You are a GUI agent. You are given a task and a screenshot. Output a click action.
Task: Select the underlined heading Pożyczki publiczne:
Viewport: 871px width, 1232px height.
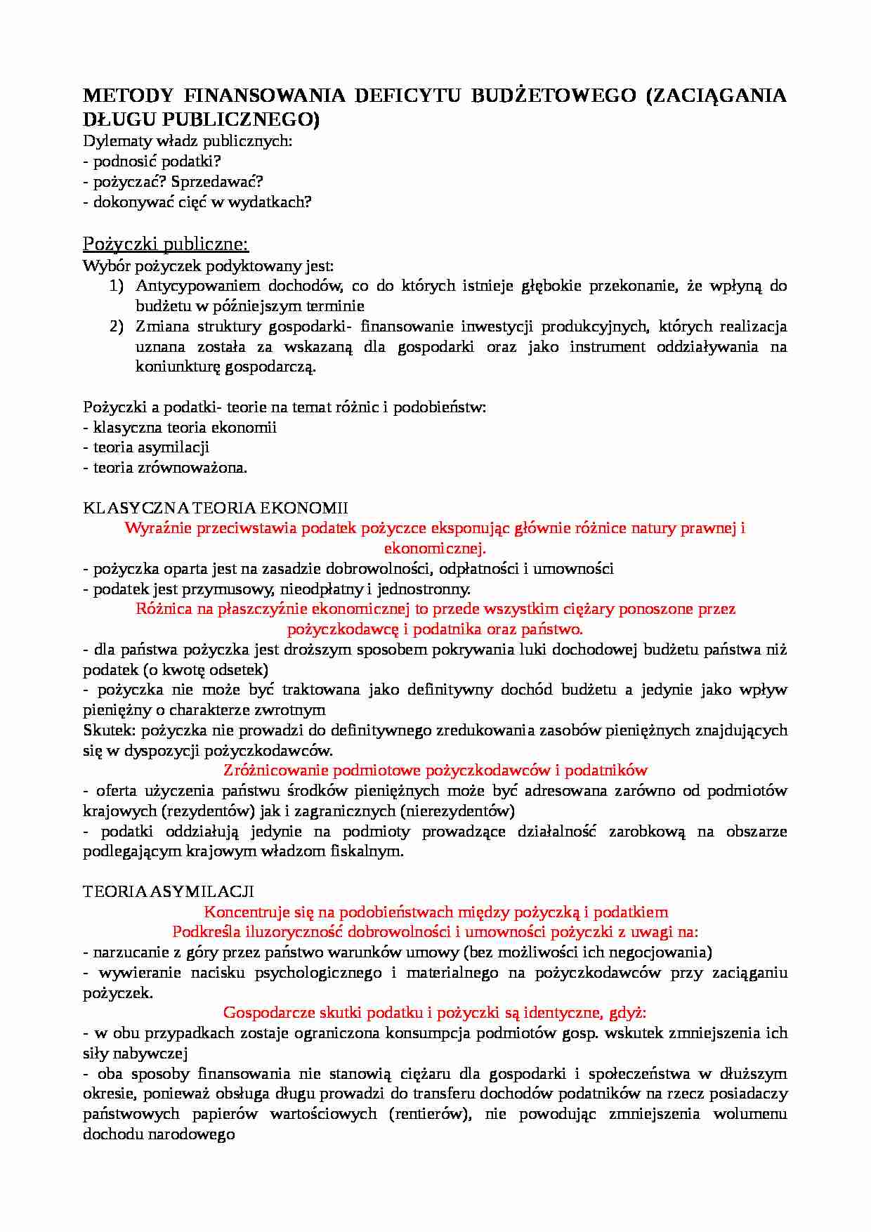pyautogui.click(x=166, y=244)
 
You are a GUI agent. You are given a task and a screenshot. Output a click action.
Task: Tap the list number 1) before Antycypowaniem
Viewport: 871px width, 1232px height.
pyautogui.click(x=117, y=285)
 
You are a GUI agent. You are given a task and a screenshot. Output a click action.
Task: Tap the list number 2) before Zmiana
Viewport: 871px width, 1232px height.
pyautogui.click(x=117, y=326)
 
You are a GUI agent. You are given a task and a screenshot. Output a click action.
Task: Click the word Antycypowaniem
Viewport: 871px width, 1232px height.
pyautogui.click(x=197, y=285)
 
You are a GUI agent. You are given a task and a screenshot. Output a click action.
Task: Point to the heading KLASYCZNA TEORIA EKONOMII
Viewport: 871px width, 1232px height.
pyautogui.click(x=215, y=507)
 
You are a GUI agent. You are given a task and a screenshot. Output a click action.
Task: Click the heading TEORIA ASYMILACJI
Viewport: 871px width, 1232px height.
pyautogui.click(x=168, y=891)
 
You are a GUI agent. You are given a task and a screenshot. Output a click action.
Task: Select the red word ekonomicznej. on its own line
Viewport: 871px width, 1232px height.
pyautogui.click(x=435, y=548)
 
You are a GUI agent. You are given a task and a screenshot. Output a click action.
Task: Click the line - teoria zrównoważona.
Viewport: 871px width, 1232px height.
pyautogui.click(x=165, y=467)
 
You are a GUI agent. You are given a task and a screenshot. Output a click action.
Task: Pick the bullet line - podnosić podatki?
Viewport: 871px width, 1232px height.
pyautogui.click(x=152, y=161)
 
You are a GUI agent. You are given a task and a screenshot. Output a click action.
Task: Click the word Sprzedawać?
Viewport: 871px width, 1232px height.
pyautogui.click(x=217, y=181)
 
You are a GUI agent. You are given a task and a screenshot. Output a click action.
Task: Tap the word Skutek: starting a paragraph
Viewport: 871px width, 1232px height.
pyautogui.click(x=110, y=730)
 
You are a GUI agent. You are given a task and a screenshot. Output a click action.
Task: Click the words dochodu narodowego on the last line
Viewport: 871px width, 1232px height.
pyautogui.click(x=159, y=1134)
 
